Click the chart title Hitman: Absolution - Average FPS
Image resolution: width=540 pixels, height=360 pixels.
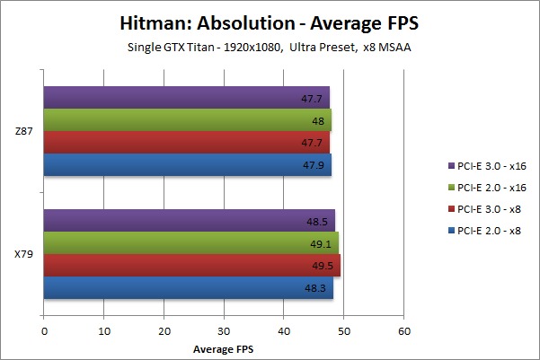(270, 22)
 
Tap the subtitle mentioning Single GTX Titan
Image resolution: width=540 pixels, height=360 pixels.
(270, 47)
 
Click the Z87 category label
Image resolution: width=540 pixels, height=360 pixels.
(24, 131)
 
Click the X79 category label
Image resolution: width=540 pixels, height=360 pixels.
(24, 254)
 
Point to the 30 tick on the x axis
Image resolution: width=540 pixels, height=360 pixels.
(224, 329)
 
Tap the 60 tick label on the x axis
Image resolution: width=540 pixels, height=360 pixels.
(403, 329)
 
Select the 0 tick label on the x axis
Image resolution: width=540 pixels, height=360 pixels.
(44, 329)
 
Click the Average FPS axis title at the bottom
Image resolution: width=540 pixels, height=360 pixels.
(223, 347)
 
